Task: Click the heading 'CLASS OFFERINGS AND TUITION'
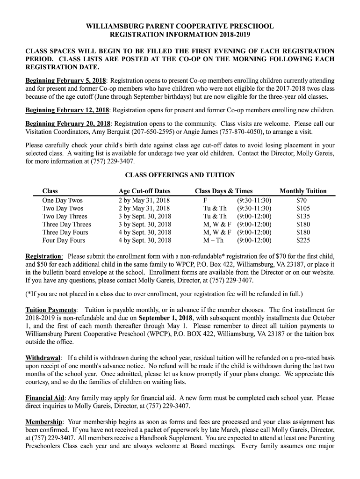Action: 180,175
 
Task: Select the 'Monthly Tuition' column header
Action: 303,191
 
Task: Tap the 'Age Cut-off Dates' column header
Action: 144,191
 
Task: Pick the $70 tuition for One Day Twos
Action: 302,200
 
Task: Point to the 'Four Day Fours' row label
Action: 64,240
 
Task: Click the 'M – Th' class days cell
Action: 213,240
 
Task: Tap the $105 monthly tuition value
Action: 303,208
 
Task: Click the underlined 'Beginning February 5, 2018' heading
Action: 66,80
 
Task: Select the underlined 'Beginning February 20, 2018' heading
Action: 68,124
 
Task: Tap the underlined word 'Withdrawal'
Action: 43,358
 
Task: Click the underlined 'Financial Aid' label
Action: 45,398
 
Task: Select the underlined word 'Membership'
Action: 43,422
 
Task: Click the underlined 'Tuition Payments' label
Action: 51,310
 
